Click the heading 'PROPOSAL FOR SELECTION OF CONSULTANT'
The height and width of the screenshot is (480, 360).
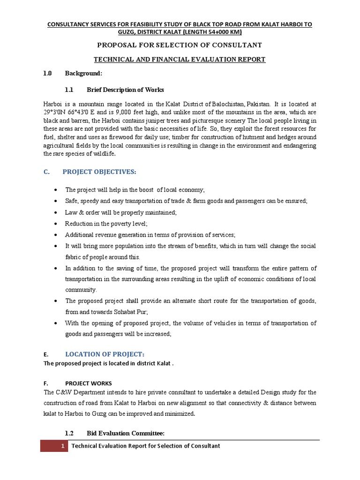coord(179,45)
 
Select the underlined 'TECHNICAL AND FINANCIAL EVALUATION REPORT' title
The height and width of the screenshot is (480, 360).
coord(180,60)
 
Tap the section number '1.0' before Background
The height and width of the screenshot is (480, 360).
coord(47,73)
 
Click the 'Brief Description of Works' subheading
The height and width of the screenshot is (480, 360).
coord(125,90)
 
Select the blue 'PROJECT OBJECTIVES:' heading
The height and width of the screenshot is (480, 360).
coord(99,172)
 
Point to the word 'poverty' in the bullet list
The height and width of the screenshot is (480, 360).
coord(114,224)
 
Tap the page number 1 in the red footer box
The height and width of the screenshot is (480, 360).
coord(62,446)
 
